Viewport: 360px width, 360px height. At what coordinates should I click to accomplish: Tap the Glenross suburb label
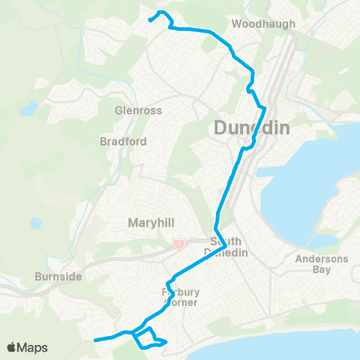pos(133,109)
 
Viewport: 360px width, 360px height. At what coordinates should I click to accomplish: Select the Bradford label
pos(123,141)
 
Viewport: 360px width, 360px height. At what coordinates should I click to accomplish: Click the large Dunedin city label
pos(252,128)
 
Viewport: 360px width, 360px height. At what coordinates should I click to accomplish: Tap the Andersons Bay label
pos(316,265)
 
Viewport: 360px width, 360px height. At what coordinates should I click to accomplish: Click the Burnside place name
pos(58,277)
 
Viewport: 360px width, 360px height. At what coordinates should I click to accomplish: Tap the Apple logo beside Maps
pos(12,347)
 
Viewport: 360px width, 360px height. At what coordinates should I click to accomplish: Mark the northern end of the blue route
pos(151,20)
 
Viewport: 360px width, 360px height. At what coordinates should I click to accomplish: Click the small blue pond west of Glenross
pos(29,109)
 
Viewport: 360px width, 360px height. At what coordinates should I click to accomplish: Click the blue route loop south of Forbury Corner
pos(148,339)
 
